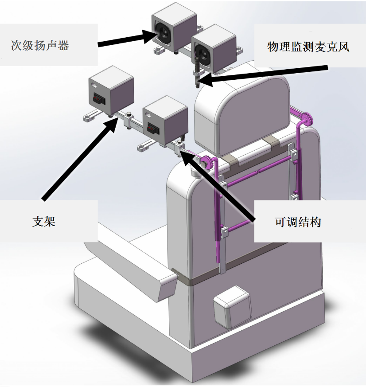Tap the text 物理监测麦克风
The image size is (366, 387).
[308, 47]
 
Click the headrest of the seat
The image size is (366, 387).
[241, 111]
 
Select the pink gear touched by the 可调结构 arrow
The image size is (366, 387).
[207, 162]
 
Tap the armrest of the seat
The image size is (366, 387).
[133, 275]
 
